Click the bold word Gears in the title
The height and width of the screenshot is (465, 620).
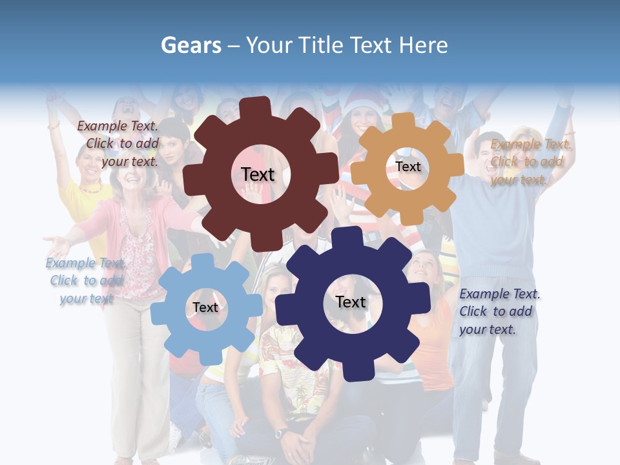coord(191,45)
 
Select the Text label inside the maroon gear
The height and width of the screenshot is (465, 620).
coord(258,174)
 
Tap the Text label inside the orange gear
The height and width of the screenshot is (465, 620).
coord(408,167)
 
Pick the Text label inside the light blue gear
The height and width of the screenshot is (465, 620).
coord(205,307)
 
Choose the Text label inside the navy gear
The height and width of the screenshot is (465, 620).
coord(351,302)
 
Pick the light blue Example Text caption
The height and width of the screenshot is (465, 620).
coord(85,280)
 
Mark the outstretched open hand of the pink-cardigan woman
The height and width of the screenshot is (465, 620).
coord(57,244)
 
